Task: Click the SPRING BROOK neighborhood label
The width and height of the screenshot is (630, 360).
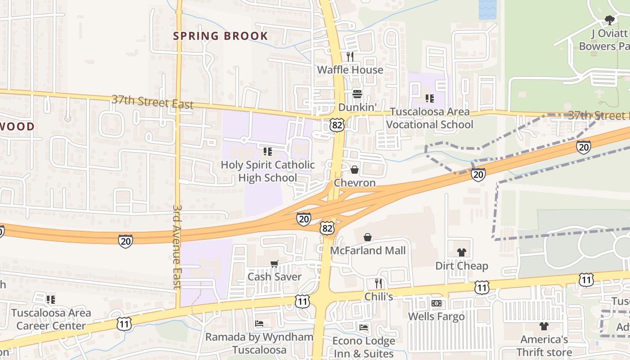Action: point(220,36)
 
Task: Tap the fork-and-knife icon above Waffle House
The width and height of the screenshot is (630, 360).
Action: point(350,57)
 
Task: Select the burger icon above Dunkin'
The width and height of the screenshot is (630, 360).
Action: point(357,94)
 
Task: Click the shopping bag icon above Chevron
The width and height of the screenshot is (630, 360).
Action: point(355,170)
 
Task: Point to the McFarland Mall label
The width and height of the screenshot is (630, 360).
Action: point(368,251)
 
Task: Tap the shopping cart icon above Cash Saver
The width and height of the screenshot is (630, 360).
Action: point(274,264)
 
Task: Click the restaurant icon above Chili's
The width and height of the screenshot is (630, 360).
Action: point(378,283)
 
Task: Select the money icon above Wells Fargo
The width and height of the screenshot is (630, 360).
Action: point(436,303)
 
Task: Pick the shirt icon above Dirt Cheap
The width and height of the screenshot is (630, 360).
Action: point(461,252)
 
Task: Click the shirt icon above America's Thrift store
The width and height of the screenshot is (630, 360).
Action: point(544,326)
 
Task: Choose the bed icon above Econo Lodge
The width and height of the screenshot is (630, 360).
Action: point(364,327)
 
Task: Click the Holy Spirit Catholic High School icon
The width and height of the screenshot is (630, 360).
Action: point(268,152)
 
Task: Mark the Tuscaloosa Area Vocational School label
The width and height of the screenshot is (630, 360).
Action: point(430,118)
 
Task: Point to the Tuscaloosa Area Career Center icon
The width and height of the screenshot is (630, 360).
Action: point(51,299)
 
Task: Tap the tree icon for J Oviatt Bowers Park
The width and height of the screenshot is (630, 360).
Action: point(610,20)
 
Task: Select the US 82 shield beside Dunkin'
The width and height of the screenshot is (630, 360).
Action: point(337,125)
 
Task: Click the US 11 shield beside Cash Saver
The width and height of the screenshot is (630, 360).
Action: point(302,301)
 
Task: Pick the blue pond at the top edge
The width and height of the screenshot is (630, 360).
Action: point(487,9)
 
